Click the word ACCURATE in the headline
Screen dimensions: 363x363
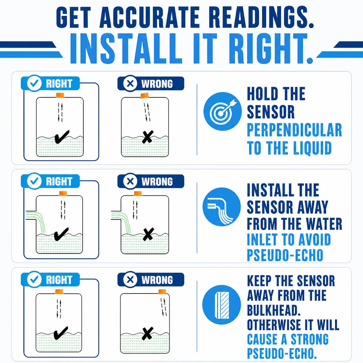coord(150,17)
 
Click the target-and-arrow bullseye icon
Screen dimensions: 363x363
coord(223,111)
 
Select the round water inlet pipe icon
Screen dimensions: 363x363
coord(222,207)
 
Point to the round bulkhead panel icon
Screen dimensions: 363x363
coord(222,305)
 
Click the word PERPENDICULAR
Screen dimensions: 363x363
coord(294,130)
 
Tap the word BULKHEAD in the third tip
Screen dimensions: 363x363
coord(274,310)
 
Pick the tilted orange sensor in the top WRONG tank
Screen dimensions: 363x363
coord(144,96)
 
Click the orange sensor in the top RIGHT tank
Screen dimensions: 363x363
coord(60,95)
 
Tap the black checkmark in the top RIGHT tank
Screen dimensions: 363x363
coord(62,136)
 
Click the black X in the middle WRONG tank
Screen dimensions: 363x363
coord(149,234)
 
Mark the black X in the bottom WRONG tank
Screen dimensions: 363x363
coord(147,333)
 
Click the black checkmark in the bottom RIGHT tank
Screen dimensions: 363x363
coord(61,333)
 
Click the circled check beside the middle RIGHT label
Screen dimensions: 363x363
coord(34,181)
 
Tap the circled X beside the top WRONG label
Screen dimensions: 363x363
coord(130,84)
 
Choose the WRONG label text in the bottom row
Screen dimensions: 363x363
coord(157,280)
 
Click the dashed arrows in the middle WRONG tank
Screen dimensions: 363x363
coord(135,210)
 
